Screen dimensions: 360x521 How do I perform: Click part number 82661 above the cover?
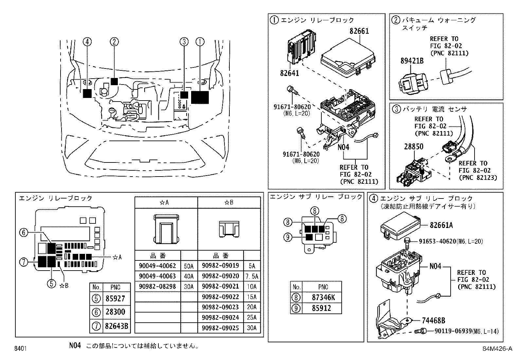359,31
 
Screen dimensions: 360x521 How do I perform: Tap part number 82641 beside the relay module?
289,73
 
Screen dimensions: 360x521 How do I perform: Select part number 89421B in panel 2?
412,61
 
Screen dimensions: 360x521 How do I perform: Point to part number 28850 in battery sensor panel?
413,146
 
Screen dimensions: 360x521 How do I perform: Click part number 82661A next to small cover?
441,225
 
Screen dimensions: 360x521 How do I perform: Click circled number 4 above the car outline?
87,42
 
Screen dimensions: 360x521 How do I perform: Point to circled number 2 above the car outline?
114,42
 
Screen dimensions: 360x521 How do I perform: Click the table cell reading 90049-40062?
157,266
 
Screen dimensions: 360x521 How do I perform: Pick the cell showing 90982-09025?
220,328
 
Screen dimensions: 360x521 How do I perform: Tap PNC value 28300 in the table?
115,312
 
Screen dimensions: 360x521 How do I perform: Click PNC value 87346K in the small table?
321,297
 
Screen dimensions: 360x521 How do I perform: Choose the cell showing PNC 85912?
321,308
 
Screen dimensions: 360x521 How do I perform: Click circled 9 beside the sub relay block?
287,237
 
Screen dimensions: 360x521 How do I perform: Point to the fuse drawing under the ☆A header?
166,229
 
